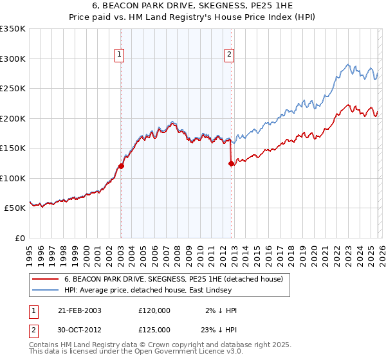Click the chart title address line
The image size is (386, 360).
point(192,6)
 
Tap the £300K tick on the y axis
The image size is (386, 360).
point(13,59)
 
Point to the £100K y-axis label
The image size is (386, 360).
point(13,178)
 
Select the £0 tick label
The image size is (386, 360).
point(19,238)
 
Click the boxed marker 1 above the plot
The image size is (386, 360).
point(120,55)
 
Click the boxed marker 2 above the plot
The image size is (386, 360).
point(230,55)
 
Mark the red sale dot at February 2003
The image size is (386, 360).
point(121,166)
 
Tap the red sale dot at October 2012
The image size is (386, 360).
point(230,163)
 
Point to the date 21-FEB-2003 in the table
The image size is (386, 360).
point(80,310)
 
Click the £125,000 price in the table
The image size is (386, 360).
point(154,330)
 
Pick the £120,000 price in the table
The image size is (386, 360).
point(154,310)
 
